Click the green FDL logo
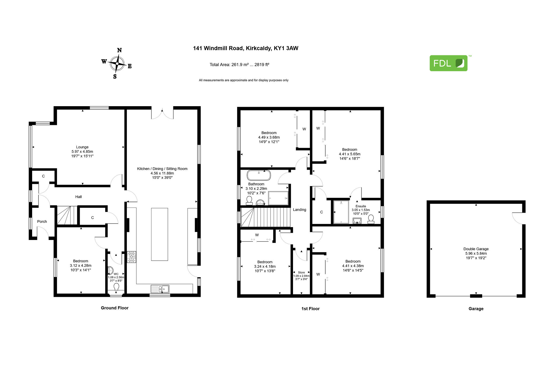coord(448,63)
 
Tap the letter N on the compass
coord(119,50)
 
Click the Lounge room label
coord(82,147)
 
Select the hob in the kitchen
coord(131,257)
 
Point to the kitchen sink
coord(160,289)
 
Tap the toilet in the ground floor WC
coord(116,287)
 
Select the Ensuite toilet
coord(371,219)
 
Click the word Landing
coord(299,210)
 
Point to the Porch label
coord(42,221)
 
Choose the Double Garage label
coord(476,249)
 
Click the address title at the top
coord(246,48)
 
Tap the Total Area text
coord(239,65)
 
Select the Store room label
coord(301,272)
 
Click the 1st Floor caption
coord(310,309)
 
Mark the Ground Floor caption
coord(115,308)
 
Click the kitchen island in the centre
coord(159,234)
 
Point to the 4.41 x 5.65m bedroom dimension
coord(350,154)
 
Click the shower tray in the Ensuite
coord(341,212)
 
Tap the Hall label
coord(78,197)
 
